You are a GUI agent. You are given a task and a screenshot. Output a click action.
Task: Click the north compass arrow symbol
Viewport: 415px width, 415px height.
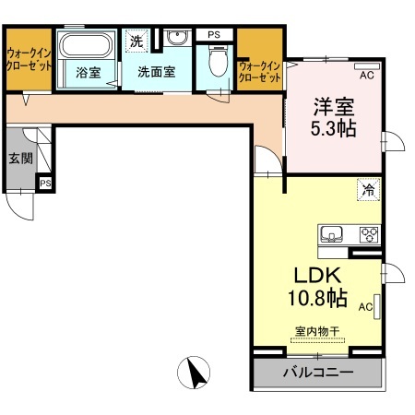tap(194, 373)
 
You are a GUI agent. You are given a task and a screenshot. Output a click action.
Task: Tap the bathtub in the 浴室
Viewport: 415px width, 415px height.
tap(86, 45)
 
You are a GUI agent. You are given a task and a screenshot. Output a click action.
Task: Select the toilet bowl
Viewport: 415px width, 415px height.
tap(219, 61)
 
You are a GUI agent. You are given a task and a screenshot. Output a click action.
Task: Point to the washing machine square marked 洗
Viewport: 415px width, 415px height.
tap(136, 41)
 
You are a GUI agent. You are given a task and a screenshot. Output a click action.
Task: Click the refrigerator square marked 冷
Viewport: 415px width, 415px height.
tap(369, 190)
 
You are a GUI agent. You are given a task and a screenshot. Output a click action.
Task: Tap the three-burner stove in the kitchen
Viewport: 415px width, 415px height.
tap(369, 235)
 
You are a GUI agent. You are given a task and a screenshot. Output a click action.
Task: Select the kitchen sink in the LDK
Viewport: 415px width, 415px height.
tap(331, 234)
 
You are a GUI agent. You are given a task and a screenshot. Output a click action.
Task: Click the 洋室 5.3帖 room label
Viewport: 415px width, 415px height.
tap(334, 117)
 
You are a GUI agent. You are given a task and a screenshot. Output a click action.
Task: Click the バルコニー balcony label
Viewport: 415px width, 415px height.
tap(318, 373)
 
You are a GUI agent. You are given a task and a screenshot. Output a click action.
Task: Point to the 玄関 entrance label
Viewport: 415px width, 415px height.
tap(20, 159)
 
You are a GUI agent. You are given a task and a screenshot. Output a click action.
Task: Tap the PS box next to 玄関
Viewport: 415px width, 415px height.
tap(45, 184)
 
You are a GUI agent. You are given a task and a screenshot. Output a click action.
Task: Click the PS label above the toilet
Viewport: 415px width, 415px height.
tap(214, 35)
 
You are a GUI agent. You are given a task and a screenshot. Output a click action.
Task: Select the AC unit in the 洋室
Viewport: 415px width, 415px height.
tap(367, 66)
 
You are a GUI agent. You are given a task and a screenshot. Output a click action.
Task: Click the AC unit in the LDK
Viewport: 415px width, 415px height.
tap(377, 306)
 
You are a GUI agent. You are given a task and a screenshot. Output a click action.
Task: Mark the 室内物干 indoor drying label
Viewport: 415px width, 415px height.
tap(317, 331)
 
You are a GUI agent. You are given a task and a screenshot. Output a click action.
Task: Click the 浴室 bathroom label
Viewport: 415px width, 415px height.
tap(89, 73)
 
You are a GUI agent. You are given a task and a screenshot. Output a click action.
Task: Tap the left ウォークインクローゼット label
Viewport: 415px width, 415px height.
tap(30, 60)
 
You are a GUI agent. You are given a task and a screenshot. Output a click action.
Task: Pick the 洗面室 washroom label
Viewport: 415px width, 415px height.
tap(157, 72)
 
